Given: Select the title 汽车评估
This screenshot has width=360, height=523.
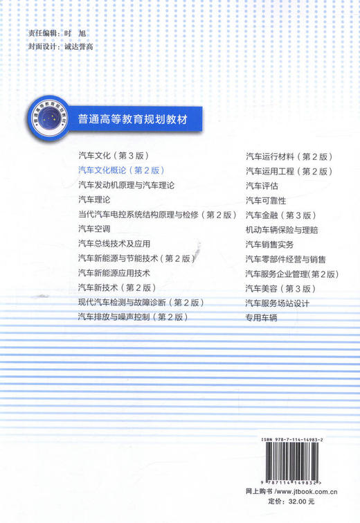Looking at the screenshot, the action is click(262, 185).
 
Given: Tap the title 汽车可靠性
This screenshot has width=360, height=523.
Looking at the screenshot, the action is click(266, 200).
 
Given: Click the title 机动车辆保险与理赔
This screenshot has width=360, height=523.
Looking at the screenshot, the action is click(282, 229).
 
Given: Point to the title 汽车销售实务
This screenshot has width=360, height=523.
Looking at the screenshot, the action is click(270, 245).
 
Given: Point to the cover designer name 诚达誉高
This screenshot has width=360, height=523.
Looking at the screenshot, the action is click(77, 46).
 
